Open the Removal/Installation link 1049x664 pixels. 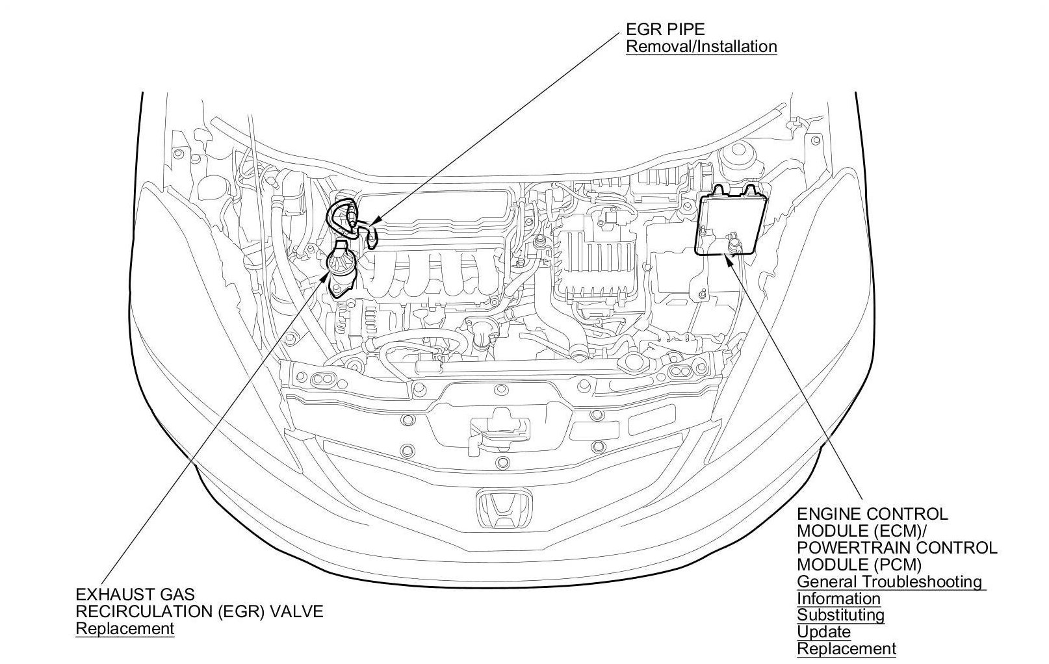coord(701,47)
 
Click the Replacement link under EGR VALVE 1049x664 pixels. coord(125,629)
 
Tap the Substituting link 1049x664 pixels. coord(840,615)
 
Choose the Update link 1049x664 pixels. coord(823,632)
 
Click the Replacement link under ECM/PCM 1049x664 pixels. coord(846,648)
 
